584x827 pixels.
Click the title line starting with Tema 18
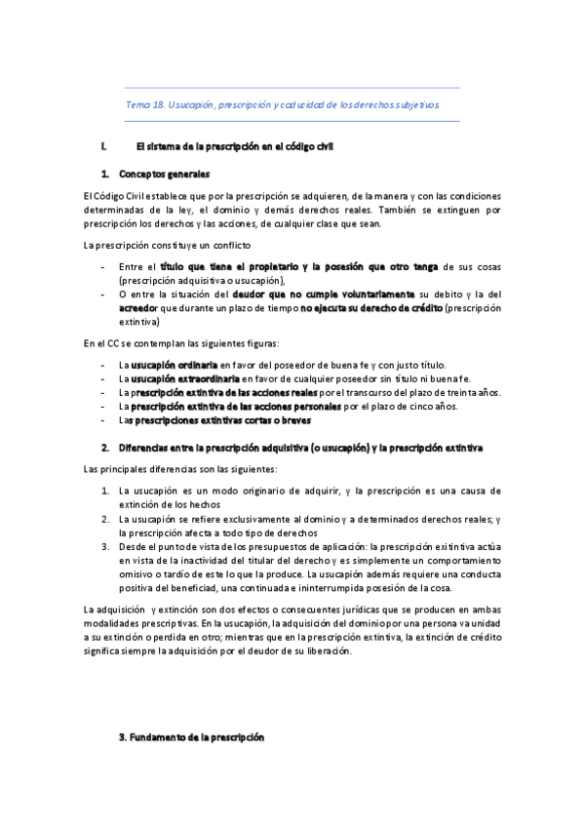pyautogui.click(x=283, y=103)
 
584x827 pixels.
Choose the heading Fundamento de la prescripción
pyautogui.click(x=198, y=738)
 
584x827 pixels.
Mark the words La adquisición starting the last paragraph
pyautogui.click(x=111, y=610)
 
